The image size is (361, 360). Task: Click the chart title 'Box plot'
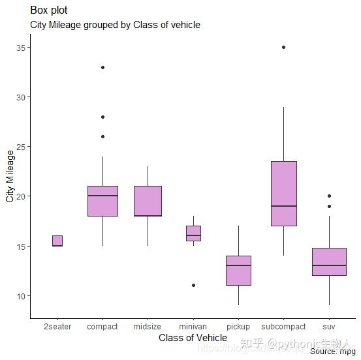coord(48,10)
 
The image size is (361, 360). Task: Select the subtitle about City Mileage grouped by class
coord(115,25)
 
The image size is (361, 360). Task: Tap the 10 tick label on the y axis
coord(21,296)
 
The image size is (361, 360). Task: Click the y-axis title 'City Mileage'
coord(10,176)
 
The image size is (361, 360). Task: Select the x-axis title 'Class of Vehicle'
coord(193,338)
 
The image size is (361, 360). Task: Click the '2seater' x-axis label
coord(57,326)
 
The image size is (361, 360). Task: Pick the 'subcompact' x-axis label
coord(283,326)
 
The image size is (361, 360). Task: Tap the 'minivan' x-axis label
coord(193,326)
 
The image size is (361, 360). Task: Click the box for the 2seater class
coord(57,241)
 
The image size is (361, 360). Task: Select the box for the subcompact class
coord(283,193)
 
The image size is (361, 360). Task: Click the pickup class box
coord(238,271)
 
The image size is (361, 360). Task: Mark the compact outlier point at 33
coord(102,67)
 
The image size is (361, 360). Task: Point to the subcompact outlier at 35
coord(283,48)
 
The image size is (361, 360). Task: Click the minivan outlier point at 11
coord(193,285)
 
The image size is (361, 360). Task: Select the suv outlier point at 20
coord(329,196)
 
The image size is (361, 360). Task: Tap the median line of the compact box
coord(102,196)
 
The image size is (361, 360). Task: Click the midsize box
coord(148,201)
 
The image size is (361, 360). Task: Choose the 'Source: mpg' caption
coord(333,352)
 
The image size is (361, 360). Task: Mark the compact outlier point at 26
coord(102,136)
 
